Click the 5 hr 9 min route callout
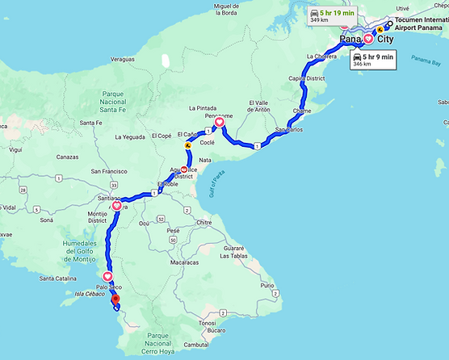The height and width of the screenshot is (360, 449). (x=371, y=60)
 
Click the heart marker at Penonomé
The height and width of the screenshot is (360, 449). (x=219, y=123)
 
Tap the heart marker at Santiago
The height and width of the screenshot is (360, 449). (x=117, y=207)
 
